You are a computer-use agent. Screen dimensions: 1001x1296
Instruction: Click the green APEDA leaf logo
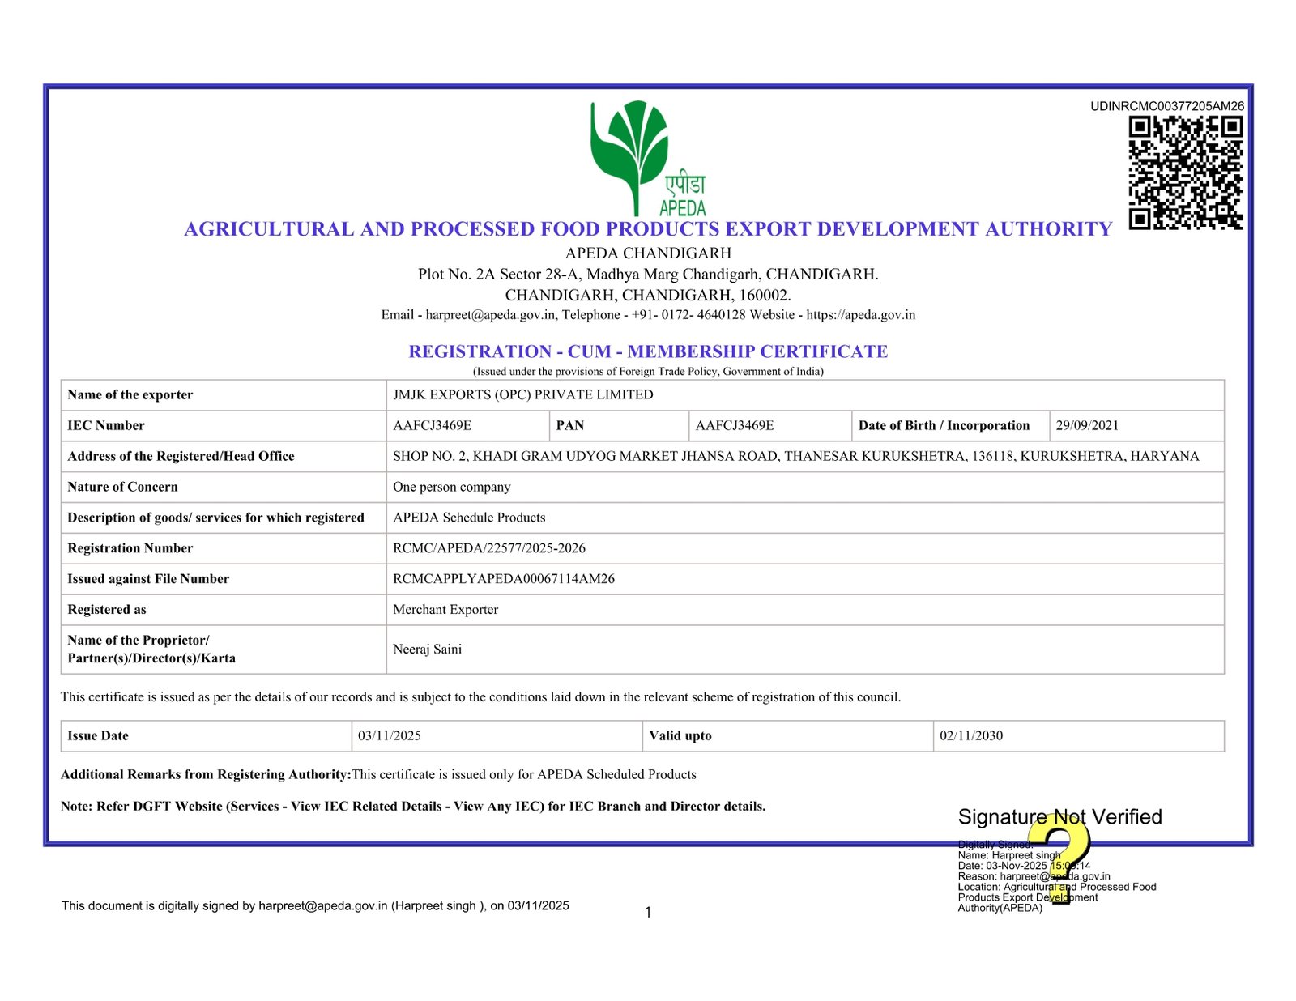pos(630,154)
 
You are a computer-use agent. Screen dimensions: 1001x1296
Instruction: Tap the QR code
pos(1185,173)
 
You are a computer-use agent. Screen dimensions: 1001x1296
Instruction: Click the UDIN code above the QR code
pos(1166,106)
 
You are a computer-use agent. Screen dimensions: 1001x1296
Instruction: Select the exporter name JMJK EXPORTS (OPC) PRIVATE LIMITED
pos(522,395)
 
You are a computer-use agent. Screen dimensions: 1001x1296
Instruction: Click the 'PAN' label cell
pos(570,426)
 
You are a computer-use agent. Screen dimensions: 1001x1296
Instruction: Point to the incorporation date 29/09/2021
pos(1087,426)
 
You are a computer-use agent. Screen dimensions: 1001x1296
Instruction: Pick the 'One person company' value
pos(451,488)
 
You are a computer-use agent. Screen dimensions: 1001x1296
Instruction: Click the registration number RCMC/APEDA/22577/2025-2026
pos(488,548)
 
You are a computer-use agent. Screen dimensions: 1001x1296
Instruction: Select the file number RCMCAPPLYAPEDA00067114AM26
pos(503,579)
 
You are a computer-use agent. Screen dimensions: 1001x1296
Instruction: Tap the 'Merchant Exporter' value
pos(445,610)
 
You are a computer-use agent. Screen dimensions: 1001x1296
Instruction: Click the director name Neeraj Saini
pos(427,650)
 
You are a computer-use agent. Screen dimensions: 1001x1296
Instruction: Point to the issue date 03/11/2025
pos(390,736)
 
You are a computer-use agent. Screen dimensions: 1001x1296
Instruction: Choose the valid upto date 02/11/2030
pos(971,736)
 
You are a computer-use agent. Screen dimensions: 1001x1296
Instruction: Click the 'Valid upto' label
pos(680,736)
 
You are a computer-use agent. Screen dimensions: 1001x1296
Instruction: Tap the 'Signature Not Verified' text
pos(1059,817)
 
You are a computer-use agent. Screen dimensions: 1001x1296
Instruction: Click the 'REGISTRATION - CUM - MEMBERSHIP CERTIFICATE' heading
pos(648,351)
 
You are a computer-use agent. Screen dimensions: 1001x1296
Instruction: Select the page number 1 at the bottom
pos(648,913)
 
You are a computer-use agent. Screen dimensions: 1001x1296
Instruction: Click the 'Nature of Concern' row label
pos(122,488)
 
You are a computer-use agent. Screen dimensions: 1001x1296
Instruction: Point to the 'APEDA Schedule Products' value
pos(469,518)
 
